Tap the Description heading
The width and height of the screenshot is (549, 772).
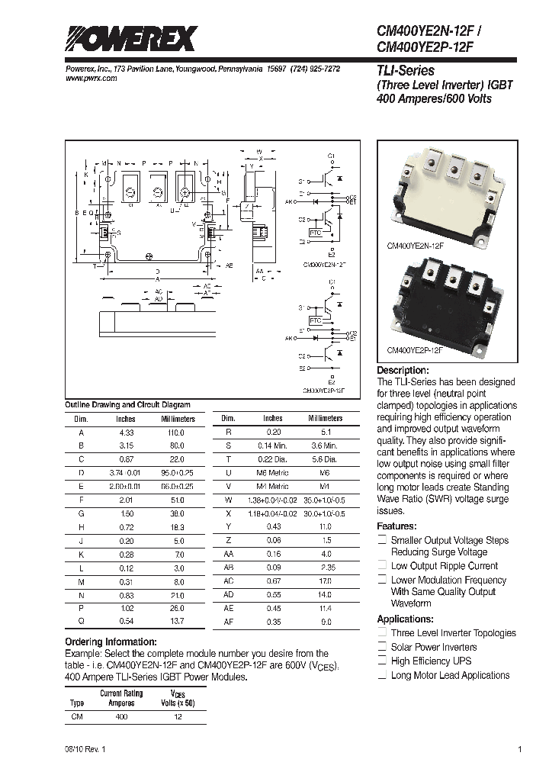tap(408, 370)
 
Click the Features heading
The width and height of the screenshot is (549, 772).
tap(397, 526)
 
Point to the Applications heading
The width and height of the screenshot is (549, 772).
tap(405, 619)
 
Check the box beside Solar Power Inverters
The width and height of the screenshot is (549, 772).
tap(382, 647)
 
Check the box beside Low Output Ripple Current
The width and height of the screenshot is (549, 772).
tap(382, 566)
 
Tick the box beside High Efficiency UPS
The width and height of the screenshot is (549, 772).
tap(382, 661)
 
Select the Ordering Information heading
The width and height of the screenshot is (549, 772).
tap(111, 642)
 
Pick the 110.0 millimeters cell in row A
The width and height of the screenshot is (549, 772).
tap(177, 432)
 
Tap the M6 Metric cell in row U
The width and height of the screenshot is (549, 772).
tap(272, 473)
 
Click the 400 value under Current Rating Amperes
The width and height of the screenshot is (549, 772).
tap(121, 717)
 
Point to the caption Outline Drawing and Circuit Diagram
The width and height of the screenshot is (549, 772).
tap(127, 404)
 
